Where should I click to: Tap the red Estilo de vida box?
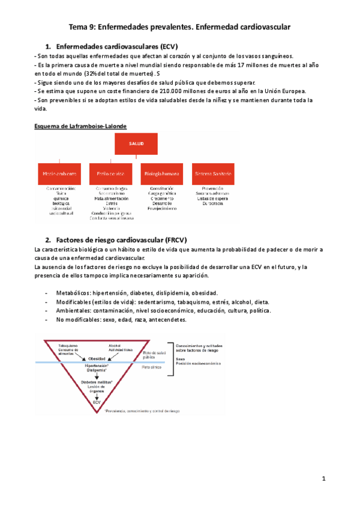(110, 173)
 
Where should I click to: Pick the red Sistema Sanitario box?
(213, 173)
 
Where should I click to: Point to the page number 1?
(323, 478)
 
